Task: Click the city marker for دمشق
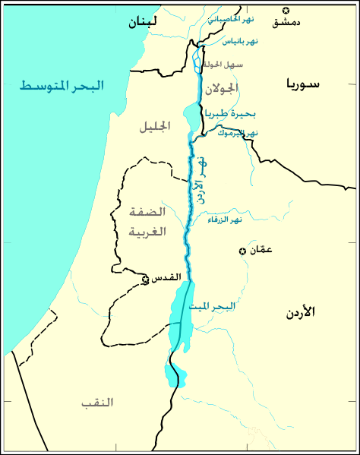(286, 10)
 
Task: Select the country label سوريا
(304, 84)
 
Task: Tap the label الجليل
(155, 127)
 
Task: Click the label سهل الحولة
(225, 65)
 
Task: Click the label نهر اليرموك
(237, 133)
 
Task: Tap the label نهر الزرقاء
(225, 220)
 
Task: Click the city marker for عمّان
(242, 251)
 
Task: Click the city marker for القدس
(145, 280)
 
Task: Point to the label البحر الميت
(215, 306)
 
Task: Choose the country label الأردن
(302, 312)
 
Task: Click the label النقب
(97, 402)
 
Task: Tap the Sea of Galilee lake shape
(191, 117)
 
